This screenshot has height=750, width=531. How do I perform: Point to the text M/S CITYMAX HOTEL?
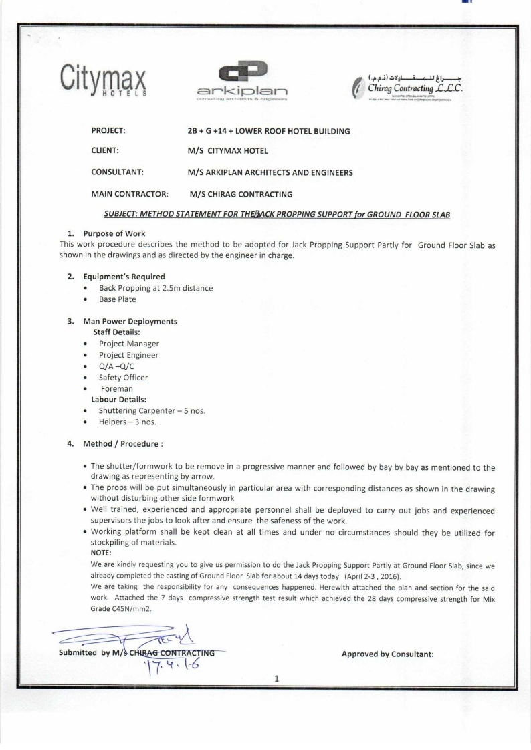[x=228, y=152]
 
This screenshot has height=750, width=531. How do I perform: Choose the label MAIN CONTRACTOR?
[x=129, y=195]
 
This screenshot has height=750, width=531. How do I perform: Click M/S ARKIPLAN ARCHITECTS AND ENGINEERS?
[x=270, y=173]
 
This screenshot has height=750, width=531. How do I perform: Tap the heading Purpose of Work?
[x=113, y=234]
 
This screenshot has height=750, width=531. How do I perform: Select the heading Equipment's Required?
[x=124, y=276]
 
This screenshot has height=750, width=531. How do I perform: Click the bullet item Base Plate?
[x=117, y=299]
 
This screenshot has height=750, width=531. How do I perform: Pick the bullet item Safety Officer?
[x=123, y=377]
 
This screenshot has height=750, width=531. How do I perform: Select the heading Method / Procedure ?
[x=123, y=443]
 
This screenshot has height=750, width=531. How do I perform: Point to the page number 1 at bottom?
[x=276, y=679]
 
